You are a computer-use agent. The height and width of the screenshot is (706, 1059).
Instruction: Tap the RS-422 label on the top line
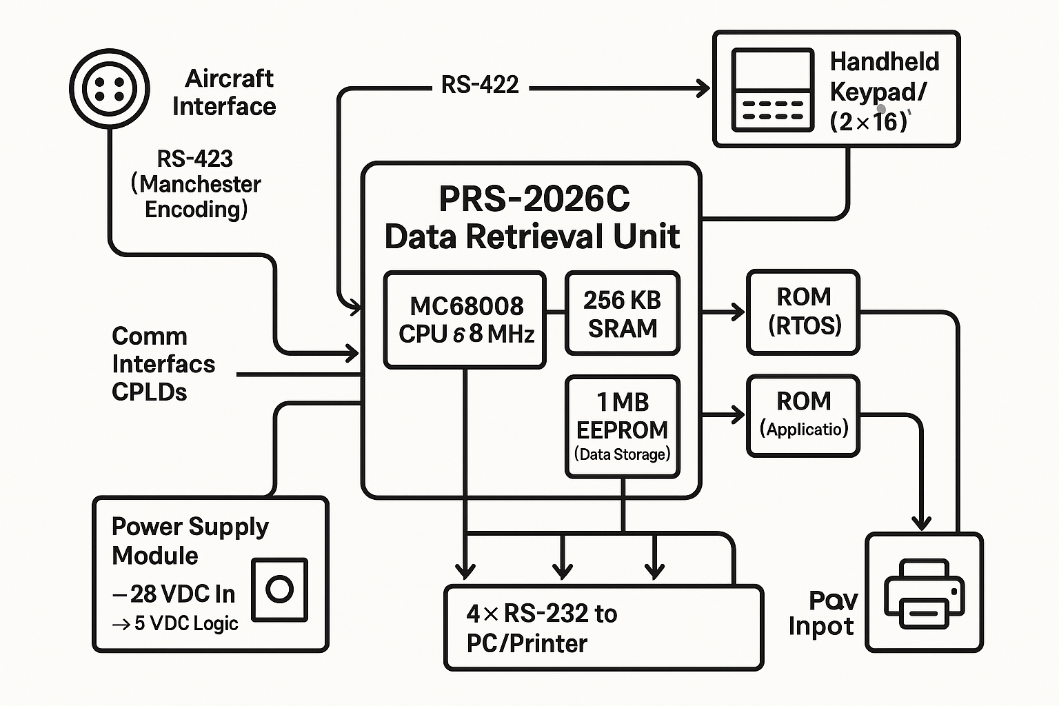tap(480, 85)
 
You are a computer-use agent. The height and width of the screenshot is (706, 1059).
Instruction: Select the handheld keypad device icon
tap(772, 90)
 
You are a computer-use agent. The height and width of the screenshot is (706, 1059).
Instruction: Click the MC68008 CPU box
tap(465, 319)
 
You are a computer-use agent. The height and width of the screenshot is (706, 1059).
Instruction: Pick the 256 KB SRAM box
tap(623, 314)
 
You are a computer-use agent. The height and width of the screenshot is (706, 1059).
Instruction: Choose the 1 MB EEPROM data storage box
tap(623, 427)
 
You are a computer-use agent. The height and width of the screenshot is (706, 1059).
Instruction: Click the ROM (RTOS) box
tap(804, 312)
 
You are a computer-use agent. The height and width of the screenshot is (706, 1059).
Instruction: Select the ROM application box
tap(804, 415)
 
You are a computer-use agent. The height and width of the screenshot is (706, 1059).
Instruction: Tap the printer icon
tap(924, 593)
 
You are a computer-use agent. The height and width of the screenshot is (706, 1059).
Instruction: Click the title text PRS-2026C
tap(534, 200)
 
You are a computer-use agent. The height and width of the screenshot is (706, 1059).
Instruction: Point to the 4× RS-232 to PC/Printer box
tap(603, 627)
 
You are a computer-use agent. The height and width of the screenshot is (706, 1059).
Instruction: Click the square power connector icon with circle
tap(279, 589)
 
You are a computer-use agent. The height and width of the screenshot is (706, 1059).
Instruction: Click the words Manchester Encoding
tap(196, 196)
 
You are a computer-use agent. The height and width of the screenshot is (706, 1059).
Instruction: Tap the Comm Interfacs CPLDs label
tap(163, 364)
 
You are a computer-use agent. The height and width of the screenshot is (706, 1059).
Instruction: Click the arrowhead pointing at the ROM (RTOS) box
tap(738, 312)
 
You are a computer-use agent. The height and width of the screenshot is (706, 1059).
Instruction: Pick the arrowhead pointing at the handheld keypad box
tap(703, 88)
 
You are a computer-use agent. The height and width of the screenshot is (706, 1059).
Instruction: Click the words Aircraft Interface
tap(225, 92)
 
